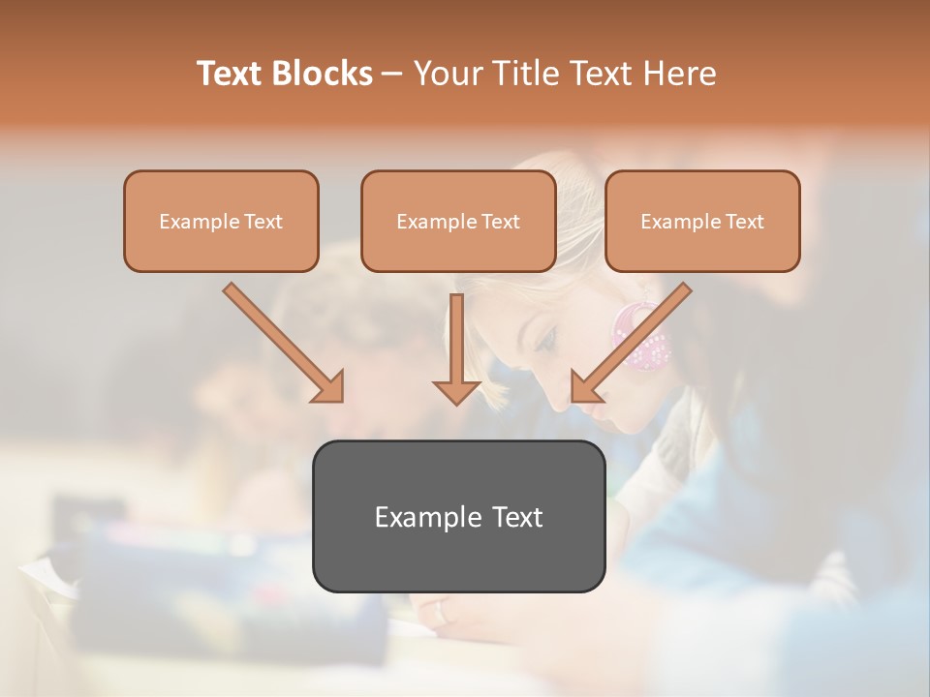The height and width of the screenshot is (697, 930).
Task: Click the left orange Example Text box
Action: coord(221,221)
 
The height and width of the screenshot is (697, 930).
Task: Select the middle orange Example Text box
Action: coord(458,221)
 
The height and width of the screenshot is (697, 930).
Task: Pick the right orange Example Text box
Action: coord(702,221)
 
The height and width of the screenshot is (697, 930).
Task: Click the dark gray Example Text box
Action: coord(458,516)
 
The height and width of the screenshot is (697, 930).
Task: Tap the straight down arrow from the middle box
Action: coord(456,344)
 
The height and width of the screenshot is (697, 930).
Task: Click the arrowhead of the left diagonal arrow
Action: coord(329,386)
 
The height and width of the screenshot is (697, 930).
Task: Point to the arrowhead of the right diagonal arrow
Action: coord(585,386)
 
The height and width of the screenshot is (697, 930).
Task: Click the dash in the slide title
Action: coord(392,74)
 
